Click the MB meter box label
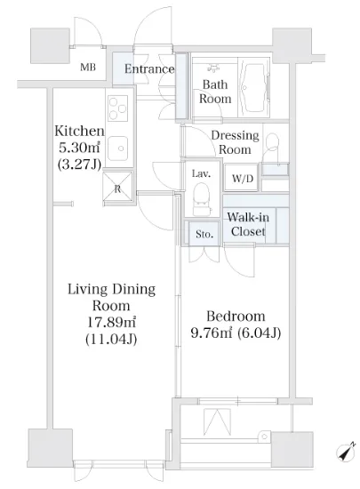click(88, 68)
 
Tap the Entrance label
click(149, 69)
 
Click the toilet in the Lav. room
click(202, 198)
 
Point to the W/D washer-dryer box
click(242, 178)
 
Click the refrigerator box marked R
click(118, 186)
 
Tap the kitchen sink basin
click(118, 148)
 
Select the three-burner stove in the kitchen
click(117, 108)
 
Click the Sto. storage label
click(204, 234)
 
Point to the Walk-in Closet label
click(248, 225)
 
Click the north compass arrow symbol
click(346, 452)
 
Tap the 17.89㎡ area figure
click(111, 322)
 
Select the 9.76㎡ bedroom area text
click(211, 333)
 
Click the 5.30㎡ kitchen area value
click(79, 148)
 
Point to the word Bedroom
click(236, 317)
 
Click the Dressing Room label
click(236, 142)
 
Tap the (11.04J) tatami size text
click(111, 339)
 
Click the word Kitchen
click(79, 131)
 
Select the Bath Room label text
click(215, 92)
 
